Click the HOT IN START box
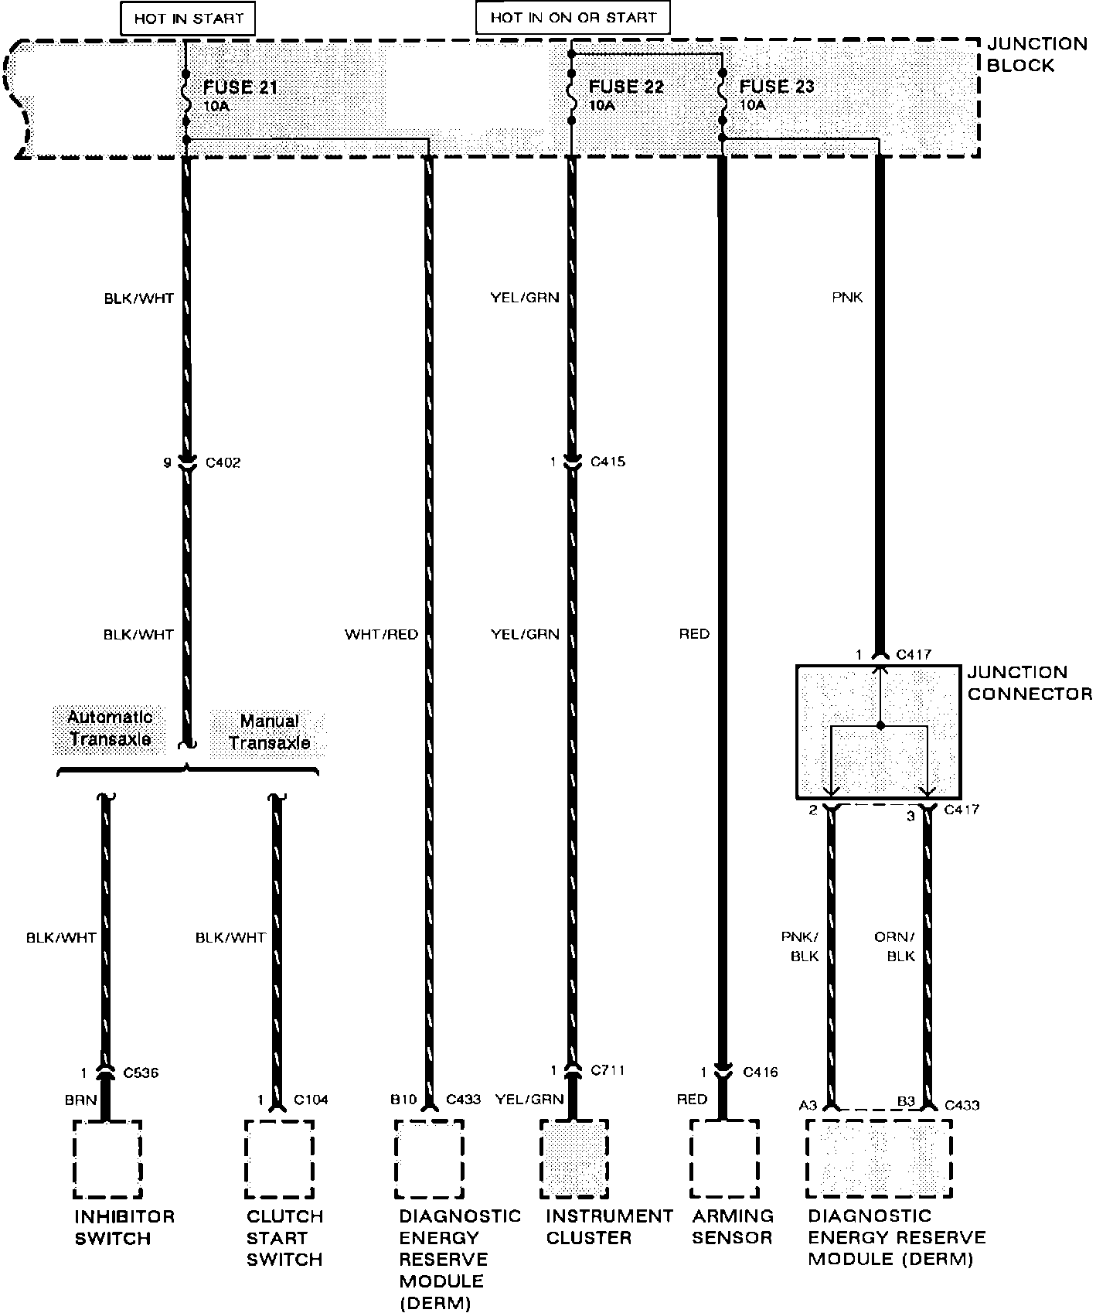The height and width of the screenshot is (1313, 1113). coord(188,19)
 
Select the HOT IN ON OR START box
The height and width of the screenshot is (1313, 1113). coord(572,18)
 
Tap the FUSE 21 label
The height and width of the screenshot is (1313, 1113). coord(240,87)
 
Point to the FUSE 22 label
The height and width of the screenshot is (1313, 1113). coord(626,87)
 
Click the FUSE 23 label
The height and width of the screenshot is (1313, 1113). coord(777,87)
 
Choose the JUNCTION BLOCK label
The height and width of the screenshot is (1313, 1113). coord(1036,55)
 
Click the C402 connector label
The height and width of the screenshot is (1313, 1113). coord(223,463)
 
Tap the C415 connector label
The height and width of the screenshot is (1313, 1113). coord(608,462)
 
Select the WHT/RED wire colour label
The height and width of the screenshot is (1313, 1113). coord(381,635)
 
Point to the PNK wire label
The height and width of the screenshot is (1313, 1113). coord(847,297)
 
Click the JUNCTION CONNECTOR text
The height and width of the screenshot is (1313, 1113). coord(1030,684)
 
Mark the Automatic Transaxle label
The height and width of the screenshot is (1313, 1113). coord(110,728)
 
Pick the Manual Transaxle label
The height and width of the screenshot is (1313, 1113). coord(269,732)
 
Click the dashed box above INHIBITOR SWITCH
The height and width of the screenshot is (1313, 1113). coord(107,1158)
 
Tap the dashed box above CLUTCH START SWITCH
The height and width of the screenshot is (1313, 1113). coord(279,1158)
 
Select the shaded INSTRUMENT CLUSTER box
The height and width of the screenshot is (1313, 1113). coord(573,1158)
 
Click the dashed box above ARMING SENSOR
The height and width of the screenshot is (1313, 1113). coord(723,1158)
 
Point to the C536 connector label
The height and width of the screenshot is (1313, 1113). coord(140,1073)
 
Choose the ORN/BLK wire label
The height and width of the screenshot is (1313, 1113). coord(895,946)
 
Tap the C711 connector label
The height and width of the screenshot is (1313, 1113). coord(608,1070)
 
